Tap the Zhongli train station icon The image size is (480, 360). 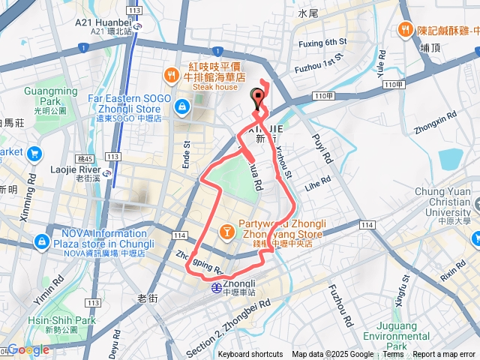pyautogui.click(x=215, y=286)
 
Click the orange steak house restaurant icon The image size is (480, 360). pyautogui.click(x=172, y=75)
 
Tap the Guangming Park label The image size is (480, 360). pyautogui.click(x=50, y=96)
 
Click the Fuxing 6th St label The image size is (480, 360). pyautogui.click(x=321, y=41)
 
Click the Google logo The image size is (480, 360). pyautogui.click(x=28, y=349)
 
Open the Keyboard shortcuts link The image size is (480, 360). pyautogui.click(x=250, y=355)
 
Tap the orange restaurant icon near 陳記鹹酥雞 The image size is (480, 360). pyautogui.click(x=405, y=29)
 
